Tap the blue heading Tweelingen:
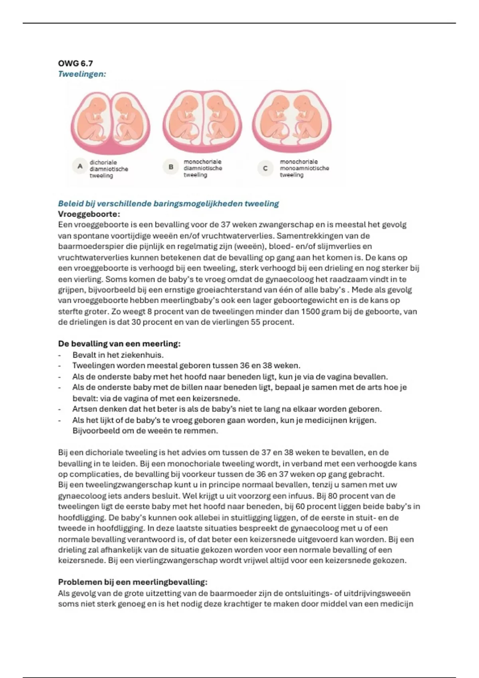click(x=82, y=74)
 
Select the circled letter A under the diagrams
click(x=80, y=166)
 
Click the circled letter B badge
click(x=171, y=167)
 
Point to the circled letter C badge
click(x=265, y=168)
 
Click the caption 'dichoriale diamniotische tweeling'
click(x=109, y=169)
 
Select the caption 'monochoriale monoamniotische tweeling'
click(x=304, y=168)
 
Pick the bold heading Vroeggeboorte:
click(x=89, y=214)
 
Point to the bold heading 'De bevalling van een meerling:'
click(x=119, y=344)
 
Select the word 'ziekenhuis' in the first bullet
click(x=143, y=355)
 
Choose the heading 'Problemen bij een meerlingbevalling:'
click(x=133, y=582)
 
